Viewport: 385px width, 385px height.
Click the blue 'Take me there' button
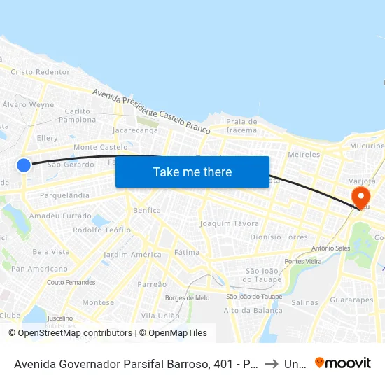(x=192, y=171)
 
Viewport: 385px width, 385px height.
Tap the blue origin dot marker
(x=24, y=165)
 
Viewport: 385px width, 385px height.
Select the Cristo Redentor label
(x=41, y=72)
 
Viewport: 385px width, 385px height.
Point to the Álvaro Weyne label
(x=29, y=105)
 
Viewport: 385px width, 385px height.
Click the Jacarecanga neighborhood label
(x=135, y=130)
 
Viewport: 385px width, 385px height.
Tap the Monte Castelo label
(x=101, y=148)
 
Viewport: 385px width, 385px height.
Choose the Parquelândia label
(x=64, y=195)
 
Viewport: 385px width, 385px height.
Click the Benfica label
(x=146, y=210)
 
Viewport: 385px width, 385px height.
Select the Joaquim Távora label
(x=230, y=223)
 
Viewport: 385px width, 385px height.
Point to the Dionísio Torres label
(x=279, y=237)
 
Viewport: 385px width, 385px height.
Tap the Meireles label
(x=304, y=154)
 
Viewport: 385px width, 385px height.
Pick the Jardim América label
(x=132, y=255)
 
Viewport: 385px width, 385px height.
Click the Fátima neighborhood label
(x=187, y=252)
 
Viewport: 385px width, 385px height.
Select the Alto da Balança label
(x=247, y=311)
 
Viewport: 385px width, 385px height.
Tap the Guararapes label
(x=351, y=300)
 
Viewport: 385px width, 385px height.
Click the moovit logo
(x=343, y=363)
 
